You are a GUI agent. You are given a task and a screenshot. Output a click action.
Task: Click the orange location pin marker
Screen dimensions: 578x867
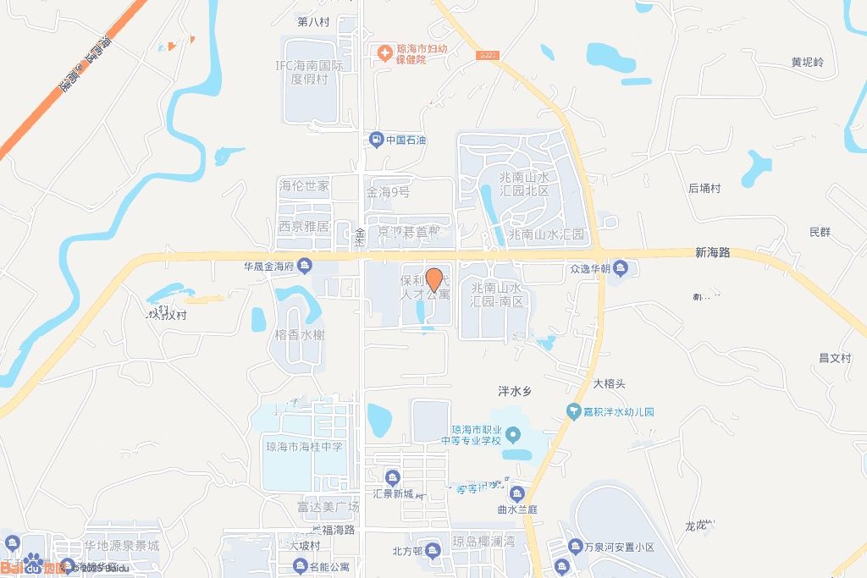(x=433, y=279)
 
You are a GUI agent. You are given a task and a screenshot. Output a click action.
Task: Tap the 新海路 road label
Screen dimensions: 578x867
(x=712, y=253)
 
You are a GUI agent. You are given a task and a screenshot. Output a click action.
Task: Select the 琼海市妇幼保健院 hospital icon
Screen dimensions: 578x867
(x=384, y=53)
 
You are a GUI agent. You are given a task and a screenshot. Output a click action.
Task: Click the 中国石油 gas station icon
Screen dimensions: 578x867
(x=375, y=140)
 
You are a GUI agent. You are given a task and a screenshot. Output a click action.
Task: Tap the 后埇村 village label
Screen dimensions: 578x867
(x=704, y=189)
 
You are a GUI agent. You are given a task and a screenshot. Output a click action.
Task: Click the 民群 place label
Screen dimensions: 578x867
(x=820, y=232)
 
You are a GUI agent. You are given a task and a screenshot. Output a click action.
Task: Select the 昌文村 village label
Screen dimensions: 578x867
(x=834, y=358)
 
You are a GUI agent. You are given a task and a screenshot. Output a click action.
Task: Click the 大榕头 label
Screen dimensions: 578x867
(x=609, y=383)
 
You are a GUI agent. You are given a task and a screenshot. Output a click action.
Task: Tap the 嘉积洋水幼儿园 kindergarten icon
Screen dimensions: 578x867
(x=574, y=412)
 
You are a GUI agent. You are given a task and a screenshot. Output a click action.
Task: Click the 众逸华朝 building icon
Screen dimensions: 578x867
(x=621, y=270)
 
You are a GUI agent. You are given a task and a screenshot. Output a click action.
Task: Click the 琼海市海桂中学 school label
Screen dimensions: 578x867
(x=305, y=447)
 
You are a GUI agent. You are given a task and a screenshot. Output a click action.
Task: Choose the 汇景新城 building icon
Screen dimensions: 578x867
(x=392, y=477)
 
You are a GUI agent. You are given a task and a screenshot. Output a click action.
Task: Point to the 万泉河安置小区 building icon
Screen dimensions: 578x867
(x=575, y=548)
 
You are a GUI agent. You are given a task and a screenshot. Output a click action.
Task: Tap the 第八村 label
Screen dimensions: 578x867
(x=313, y=21)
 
